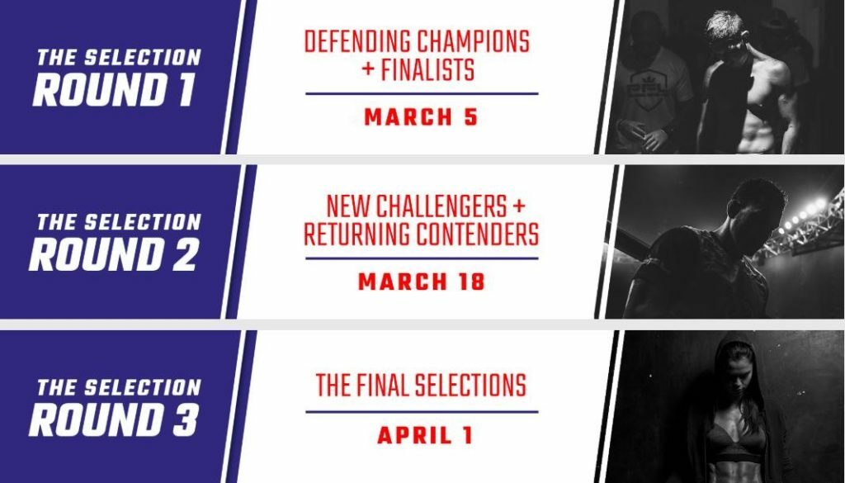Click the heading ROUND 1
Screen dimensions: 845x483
pos(113,89)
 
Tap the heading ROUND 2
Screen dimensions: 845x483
pos(113,254)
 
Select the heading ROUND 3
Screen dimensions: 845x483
pos(113,419)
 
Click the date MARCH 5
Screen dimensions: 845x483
pos(421,117)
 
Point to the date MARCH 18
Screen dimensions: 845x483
pos(422,282)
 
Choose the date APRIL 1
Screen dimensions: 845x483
pos(425,436)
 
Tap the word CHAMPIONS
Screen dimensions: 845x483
pos(474,42)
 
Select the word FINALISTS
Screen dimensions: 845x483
pos(428,70)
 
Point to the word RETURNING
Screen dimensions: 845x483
pos(356,234)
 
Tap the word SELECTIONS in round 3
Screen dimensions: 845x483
pos(470,386)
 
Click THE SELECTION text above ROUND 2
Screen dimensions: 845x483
pos(119,222)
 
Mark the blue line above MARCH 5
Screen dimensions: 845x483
pos(422,94)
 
